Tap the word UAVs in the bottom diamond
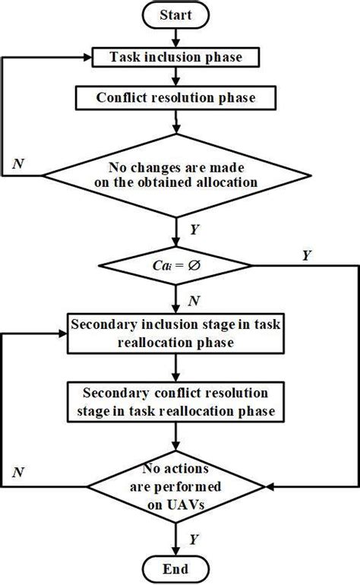click(176, 501)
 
